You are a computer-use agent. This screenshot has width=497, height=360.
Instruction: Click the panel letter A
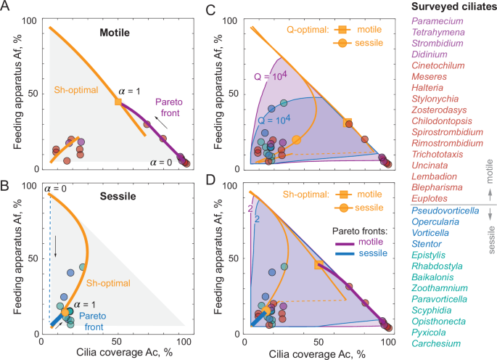(x=7, y=8)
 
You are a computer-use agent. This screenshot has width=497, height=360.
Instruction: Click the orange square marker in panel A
(x=118, y=102)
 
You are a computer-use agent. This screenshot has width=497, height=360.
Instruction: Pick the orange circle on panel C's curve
(x=296, y=139)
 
